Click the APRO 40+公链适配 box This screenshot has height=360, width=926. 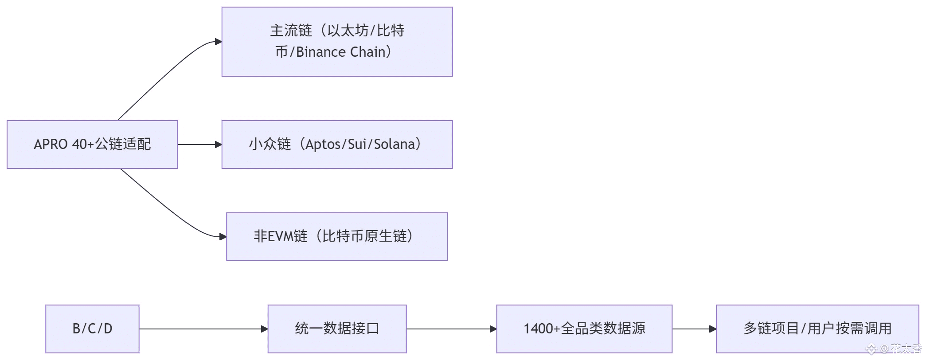tap(92, 145)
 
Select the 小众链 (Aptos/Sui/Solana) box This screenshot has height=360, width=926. tap(337, 145)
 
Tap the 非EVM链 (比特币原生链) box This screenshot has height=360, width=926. tap(337, 237)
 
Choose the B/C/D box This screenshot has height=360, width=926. tap(92, 329)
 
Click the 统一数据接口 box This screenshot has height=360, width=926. tap(337, 329)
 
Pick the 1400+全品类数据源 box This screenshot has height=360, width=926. tap(584, 329)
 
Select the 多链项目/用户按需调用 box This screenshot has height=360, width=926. tap(817, 329)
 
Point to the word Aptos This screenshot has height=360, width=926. tap(323, 145)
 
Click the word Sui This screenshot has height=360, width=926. tap(357, 145)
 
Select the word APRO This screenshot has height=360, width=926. tap(51, 145)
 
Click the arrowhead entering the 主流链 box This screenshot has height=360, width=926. tap(218, 42)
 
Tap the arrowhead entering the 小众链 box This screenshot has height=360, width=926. tap(218, 145)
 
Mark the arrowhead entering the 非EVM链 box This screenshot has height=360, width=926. tap(223, 237)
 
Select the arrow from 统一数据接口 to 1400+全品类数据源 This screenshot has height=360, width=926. tap(451, 329)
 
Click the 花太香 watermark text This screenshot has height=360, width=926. tap(906, 349)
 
